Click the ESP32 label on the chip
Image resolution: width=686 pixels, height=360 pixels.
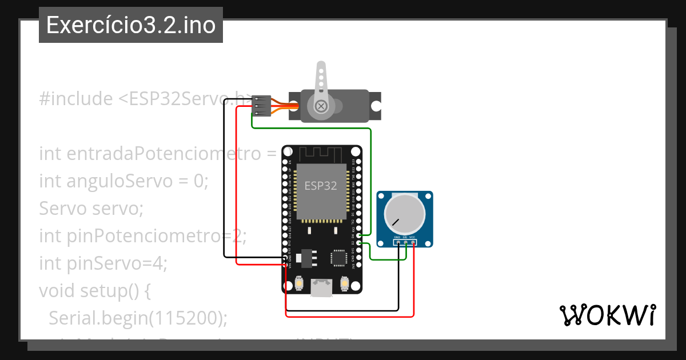pyautogui.click(x=321, y=185)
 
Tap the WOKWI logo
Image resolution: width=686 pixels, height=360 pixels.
pyautogui.click(x=607, y=314)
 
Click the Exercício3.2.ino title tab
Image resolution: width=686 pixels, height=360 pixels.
pyautogui.click(x=131, y=25)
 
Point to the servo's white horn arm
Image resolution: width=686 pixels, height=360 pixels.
pyautogui.click(x=321, y=80)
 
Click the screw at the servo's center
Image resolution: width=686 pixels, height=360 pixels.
pyautogui.click(x=321, y=106)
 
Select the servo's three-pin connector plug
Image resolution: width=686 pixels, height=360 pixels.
pyautogui.click(x=261, y=106)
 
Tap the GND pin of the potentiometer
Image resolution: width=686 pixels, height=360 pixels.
pyautogui.click(x=398, y=243)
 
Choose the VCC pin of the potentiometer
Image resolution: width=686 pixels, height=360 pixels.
pyautogui.click(x=413, y=243)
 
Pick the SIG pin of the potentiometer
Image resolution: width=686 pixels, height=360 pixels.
pyautogui.click(x=405, y=243)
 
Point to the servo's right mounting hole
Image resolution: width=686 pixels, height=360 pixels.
pyautogui.click(x=376, y=106)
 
